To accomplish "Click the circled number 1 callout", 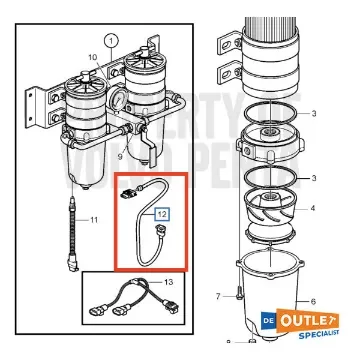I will click(x=110, y=40).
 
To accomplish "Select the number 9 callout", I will click(x=120, y=156).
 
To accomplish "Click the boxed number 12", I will click(x=161, y=211).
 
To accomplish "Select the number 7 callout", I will click(x=217, y=297).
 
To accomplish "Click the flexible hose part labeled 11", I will click(x=72, y=226).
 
